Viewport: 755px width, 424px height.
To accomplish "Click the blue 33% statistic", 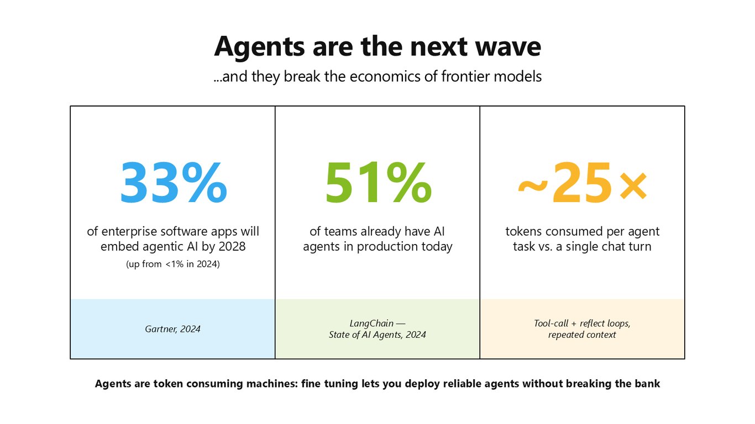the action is [174, 183].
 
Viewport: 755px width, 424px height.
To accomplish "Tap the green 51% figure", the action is [378, 183].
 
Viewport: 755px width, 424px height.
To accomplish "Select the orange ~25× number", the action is [583, 183].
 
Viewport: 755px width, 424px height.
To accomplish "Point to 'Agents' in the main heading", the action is [259, 47].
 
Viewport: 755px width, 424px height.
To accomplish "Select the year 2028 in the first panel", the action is [232, 247].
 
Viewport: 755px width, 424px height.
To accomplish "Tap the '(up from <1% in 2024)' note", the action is [173, 264].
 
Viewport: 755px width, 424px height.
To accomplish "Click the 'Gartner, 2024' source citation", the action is [172, 329].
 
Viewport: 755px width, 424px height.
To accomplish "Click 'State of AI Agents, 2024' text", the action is [377, 335].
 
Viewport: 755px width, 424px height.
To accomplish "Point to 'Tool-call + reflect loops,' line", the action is [582, 324].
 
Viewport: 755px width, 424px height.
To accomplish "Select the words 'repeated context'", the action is [582, 335].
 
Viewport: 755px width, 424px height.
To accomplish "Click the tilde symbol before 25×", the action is [533, 186].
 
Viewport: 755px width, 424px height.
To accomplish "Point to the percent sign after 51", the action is [409, 183].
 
